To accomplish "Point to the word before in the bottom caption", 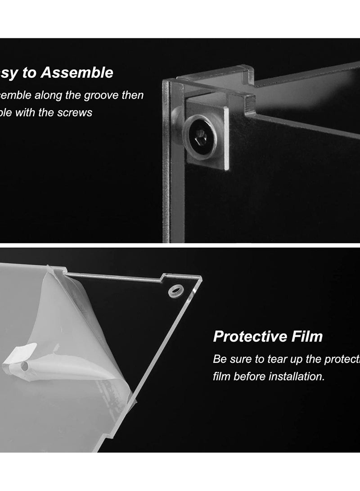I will tap(249, 376).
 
